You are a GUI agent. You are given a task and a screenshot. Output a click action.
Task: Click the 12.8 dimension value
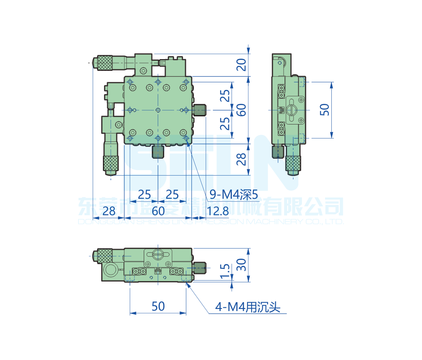218,209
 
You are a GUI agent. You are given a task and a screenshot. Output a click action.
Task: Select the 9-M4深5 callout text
233,195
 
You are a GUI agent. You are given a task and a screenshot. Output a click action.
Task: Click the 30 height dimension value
241,265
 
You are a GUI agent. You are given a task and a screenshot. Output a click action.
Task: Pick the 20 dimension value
241,65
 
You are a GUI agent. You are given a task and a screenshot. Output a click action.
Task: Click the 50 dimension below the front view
158,306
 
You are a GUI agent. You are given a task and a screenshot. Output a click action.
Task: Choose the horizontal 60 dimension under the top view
158,209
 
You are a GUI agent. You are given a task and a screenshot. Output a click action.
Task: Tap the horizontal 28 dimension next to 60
109,209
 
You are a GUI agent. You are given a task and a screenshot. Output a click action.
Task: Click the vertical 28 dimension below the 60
241,159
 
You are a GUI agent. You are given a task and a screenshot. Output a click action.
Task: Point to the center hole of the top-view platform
158,110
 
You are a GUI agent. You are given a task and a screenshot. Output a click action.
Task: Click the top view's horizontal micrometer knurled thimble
105,63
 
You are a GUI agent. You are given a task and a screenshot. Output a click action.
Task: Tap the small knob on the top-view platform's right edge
200,110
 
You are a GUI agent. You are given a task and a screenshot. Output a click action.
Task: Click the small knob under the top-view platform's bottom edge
158,152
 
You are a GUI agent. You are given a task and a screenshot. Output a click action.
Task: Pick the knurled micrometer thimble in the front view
105,255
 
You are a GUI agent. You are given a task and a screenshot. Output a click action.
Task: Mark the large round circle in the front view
111,270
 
